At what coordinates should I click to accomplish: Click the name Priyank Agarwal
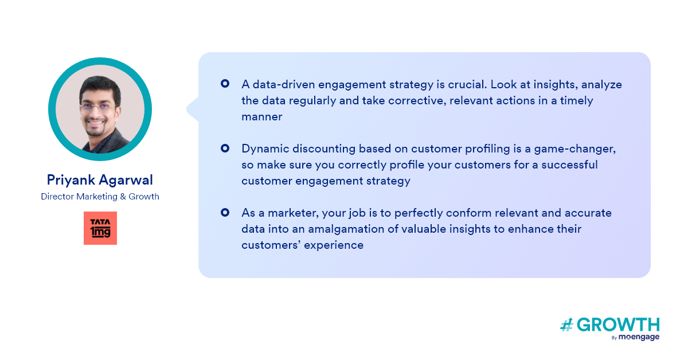[x=100, y=180]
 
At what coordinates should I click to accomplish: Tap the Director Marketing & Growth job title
[x=100, y=197]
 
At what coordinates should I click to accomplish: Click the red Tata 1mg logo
[x=100, y=228]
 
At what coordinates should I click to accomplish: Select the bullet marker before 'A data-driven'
[x=225, y=84]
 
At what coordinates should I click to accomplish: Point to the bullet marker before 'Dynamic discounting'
[x=225, y=148]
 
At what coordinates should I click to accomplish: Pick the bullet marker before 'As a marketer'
[x=225, y=213]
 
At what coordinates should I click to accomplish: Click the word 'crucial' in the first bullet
[x=467, y=84]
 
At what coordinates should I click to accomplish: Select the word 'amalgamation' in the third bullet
[x=346, y=229]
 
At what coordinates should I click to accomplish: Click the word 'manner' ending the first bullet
[x=261, y=117]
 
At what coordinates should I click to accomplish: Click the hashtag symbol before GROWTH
[x=566, y=325]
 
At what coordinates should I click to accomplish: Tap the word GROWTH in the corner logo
[x=618, y=325]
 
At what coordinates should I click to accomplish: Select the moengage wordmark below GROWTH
[x=639, y=337]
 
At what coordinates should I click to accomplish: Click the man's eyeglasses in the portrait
[x=98, y=107]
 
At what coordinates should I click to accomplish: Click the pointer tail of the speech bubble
[x=193, y=109]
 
